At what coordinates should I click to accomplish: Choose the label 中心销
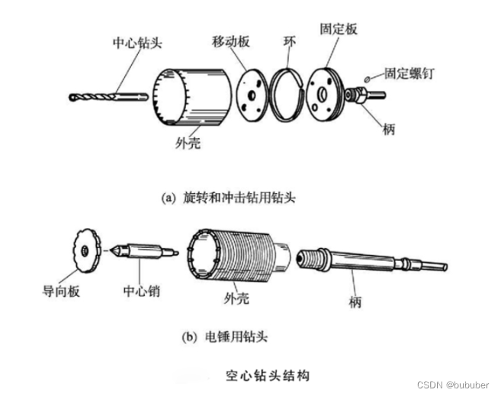pyautogui.click(x=142, y=291)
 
